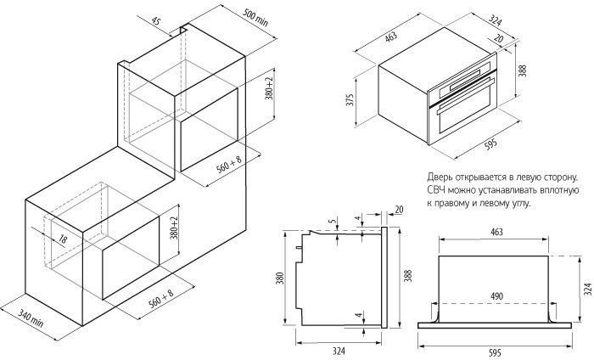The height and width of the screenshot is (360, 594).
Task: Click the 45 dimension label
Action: [x=156, y=21]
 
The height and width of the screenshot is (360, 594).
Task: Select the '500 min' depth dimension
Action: [x=255, y=17]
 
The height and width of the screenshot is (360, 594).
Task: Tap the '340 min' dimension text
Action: [x=31, y=318]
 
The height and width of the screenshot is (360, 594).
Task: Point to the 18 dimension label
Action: [x=63, y=239]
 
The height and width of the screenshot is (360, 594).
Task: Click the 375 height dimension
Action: [x=350, y=99]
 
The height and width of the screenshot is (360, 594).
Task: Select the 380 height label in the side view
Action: [x=280, y=278]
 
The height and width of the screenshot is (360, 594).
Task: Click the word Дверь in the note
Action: [x=439, y=177]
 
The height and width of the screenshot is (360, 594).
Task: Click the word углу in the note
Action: [x=519, y=204]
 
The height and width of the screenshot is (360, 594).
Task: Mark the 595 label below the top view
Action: [x=495, y=353]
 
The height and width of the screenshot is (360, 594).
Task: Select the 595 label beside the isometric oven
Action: [x=490, y=144]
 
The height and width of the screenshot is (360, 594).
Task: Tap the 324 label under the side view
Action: [x=339, y=351]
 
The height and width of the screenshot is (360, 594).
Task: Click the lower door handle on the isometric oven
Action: [x=466, y=95]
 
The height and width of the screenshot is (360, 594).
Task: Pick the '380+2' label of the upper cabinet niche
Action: [x=269, y=88]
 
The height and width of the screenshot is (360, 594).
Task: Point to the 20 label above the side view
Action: [x=399, y=209]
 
